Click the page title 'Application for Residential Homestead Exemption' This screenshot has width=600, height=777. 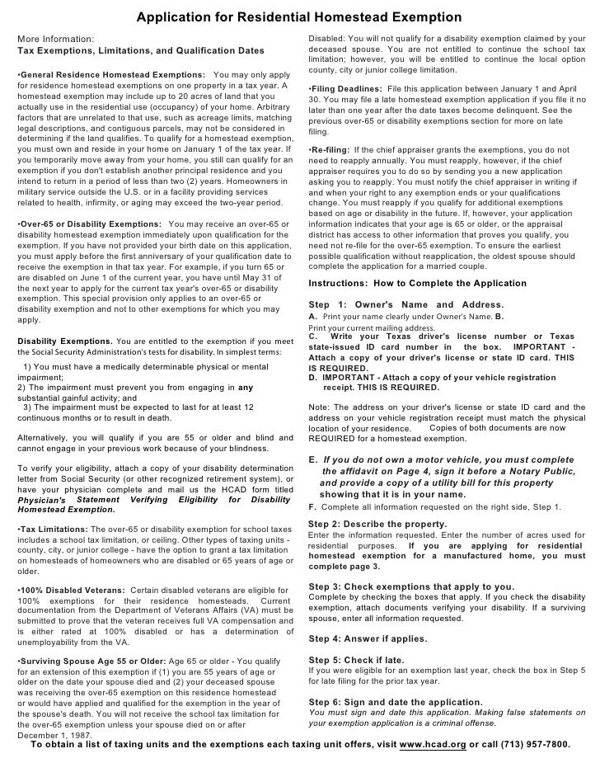[x=298, y=17]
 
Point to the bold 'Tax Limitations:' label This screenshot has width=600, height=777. [x=51, y=528]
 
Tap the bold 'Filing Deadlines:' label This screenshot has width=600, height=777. [x=346, y=88]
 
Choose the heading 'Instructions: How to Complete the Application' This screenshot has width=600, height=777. [x=417, y=283]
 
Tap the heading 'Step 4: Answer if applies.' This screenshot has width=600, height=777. [x=367, y=638]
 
